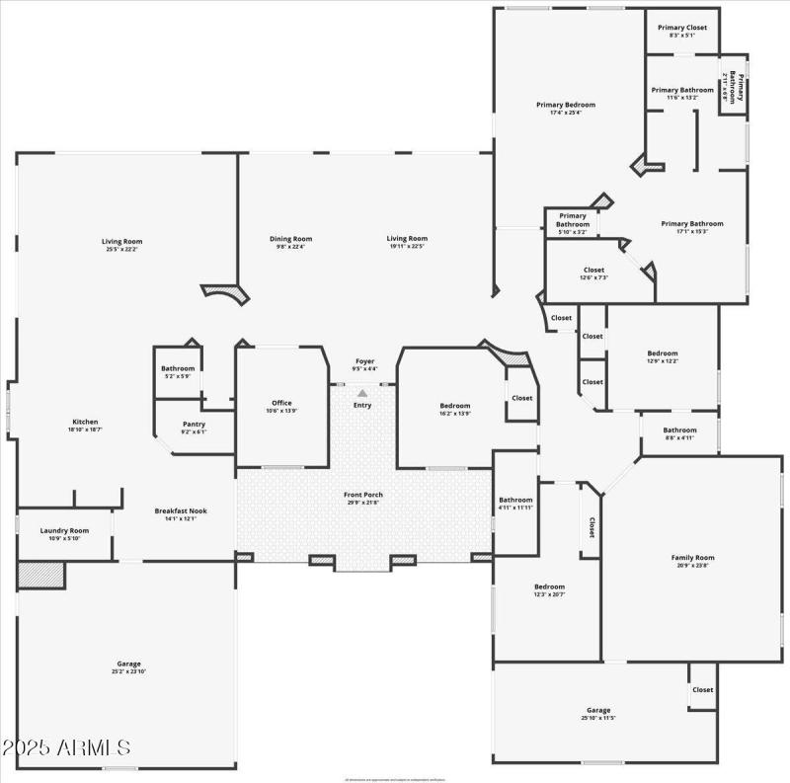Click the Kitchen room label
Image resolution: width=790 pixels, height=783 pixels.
click(85, 422)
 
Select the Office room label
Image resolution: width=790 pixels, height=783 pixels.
click(281, 403)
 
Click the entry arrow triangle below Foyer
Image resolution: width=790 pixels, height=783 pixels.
click(362, 394)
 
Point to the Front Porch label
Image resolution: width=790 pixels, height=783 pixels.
click(363, 495)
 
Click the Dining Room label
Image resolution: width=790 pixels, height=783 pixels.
click(291, 238)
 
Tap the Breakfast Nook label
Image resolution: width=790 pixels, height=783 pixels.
click(181, 510)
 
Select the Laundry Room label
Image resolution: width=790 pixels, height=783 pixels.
click(64, 530)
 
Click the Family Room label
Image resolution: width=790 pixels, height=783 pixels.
click(692, 558)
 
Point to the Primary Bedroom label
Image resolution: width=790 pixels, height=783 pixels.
click(566, 105)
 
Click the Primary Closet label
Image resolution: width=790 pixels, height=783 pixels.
click(682, 28)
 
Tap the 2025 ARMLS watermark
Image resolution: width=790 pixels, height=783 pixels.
click(66, 746)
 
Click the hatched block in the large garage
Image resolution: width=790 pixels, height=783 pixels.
click(40, 575)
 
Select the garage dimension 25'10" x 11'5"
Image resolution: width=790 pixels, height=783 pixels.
click(598, 719)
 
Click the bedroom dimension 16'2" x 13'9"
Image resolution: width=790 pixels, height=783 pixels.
click(455, 415)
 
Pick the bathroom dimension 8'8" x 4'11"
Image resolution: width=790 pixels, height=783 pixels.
click(679, 437)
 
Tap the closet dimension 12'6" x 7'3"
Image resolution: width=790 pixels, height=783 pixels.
click(593, 277)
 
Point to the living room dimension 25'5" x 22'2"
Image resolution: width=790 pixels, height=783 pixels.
click(122, 249)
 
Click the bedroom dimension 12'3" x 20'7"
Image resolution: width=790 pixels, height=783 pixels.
click(549, 594)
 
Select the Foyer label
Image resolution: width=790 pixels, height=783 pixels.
click(365, 361)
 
